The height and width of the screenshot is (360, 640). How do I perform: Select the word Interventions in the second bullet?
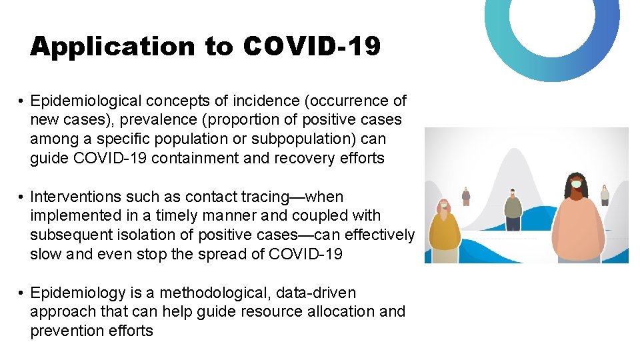(x=72, y=197)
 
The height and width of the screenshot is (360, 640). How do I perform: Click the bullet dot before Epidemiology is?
(x=22, y=293)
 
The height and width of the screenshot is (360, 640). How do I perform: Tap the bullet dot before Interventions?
(x=22, y=197)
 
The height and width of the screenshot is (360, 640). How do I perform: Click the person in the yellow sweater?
(x=445, y=233)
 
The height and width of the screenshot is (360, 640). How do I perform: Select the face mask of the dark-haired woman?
(x=576, y=183)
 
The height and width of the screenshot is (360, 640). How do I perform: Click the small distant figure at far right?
(x=604, y=195)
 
